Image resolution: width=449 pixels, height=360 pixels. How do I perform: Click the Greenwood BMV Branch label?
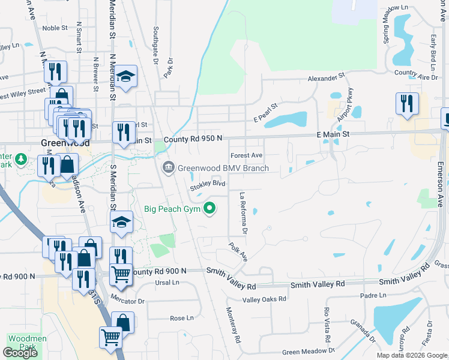(x=223, y=168)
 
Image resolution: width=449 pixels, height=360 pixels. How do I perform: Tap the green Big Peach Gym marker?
(x=209, y=209)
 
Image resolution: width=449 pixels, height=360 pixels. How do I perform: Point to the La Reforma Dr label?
(x=243, y=213)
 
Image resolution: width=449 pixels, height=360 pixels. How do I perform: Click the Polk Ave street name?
(x=238, y=251)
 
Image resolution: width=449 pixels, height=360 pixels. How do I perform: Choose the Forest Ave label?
(x=246, y=155)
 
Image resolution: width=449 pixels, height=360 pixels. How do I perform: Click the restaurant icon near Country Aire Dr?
(x=406, y=103)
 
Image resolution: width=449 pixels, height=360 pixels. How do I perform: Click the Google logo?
(x=20, y=353)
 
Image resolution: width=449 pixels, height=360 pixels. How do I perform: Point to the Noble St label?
(x=55, y=28)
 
